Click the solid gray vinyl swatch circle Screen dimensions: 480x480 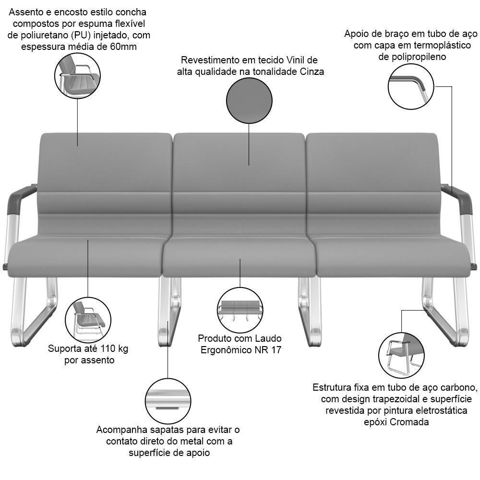249,101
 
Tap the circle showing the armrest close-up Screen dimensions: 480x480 411,86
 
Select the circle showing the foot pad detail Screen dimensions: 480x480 168,401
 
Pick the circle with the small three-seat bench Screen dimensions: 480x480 240,311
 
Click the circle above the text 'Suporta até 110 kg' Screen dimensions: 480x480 88,320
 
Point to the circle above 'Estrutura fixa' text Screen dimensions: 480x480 401,356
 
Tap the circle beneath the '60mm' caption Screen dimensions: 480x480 77,76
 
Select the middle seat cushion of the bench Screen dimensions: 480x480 240,256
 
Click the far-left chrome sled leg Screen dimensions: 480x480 34,312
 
